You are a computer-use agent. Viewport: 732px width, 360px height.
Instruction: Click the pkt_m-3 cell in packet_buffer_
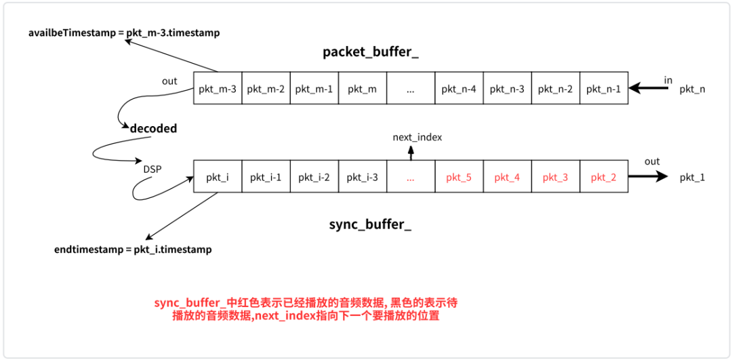click(x=218, y=88)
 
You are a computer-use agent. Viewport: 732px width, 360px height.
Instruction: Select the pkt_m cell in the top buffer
click(x=363, y=88)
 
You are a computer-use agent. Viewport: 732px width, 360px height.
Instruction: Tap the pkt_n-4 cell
click(x=459, y=88)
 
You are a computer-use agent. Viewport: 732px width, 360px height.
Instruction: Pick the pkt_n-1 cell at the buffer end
click(x=603, y=88)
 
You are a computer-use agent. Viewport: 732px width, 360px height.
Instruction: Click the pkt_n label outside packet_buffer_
click(x=692, y=89)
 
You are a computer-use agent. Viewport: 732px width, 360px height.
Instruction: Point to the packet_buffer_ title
click(x=370, y=53)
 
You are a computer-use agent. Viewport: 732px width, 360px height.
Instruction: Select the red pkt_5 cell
click(x=459, y=178)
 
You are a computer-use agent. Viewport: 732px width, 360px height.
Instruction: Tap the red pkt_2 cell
click(x=603, y=178)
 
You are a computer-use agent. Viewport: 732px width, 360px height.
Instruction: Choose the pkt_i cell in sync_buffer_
click(x=218, y=178)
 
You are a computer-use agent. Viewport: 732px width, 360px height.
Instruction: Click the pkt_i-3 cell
click(x=363, y=178)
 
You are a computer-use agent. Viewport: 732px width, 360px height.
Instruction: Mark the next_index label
click(x=417, y=138)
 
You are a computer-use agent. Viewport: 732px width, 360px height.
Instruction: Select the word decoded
click(x=153, y=128)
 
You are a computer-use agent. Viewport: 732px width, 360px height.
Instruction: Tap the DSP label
click(x=152, y=169)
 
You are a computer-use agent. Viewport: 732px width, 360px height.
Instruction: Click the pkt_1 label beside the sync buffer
click(x=692, y=178)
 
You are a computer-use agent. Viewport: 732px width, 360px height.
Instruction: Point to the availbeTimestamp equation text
click(x=124, y=33)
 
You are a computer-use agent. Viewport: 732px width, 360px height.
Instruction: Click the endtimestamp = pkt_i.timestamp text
click(x=133, y=249)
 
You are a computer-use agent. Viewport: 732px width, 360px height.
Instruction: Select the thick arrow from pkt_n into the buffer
click(x=647, y=87)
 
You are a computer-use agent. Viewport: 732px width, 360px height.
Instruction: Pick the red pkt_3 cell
click(x=555, y=178)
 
